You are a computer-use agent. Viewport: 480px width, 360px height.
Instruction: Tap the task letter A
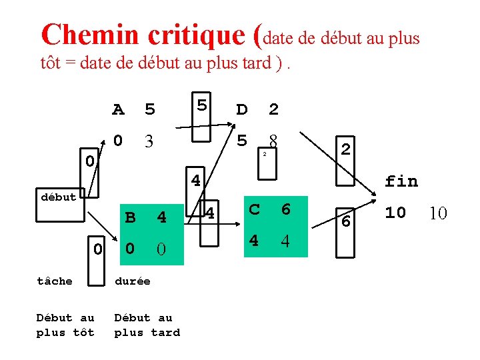point(118,109)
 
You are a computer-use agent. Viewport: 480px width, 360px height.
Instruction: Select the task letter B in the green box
point(131,218)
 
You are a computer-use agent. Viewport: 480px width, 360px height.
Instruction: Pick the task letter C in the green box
point(254,209)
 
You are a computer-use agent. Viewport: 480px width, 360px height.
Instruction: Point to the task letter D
point(242,109)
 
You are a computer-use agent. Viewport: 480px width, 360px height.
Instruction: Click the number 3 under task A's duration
point(150,141)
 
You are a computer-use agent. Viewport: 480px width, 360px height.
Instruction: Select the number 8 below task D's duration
point(273,141)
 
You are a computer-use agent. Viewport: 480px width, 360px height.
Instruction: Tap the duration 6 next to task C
point(285,209)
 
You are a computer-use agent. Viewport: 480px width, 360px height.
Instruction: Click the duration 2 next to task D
point(273,109)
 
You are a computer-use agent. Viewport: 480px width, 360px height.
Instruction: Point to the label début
point(58,197)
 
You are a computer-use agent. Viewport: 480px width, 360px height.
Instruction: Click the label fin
point(401,181)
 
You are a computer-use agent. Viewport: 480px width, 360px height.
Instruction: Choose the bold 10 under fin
point(395,213)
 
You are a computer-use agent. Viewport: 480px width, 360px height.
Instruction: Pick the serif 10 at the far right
point(437,213)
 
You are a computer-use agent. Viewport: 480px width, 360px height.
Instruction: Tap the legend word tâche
point(55,281)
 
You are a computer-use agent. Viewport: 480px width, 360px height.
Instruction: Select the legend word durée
point(133,281)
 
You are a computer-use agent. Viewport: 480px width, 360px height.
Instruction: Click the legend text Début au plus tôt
point(65,325)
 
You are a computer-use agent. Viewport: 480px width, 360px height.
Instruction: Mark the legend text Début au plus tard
point(147,325)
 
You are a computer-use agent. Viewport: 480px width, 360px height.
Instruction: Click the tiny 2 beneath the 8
point(264,155)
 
